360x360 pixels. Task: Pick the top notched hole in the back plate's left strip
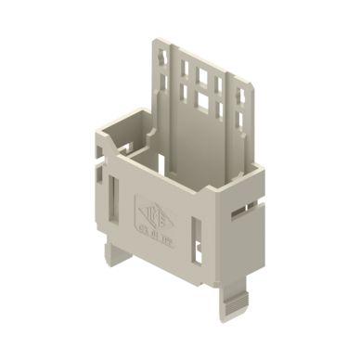pos(163,58)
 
